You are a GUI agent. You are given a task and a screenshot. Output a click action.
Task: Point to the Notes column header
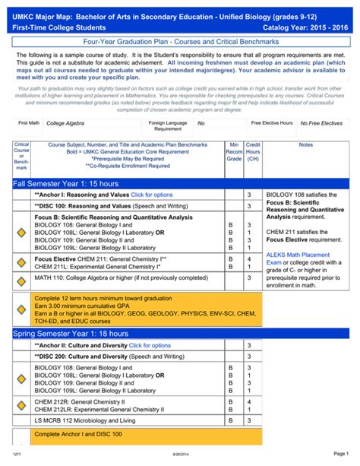click(305, 144)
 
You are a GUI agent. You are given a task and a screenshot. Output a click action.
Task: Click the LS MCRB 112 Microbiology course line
click(95, 420)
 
